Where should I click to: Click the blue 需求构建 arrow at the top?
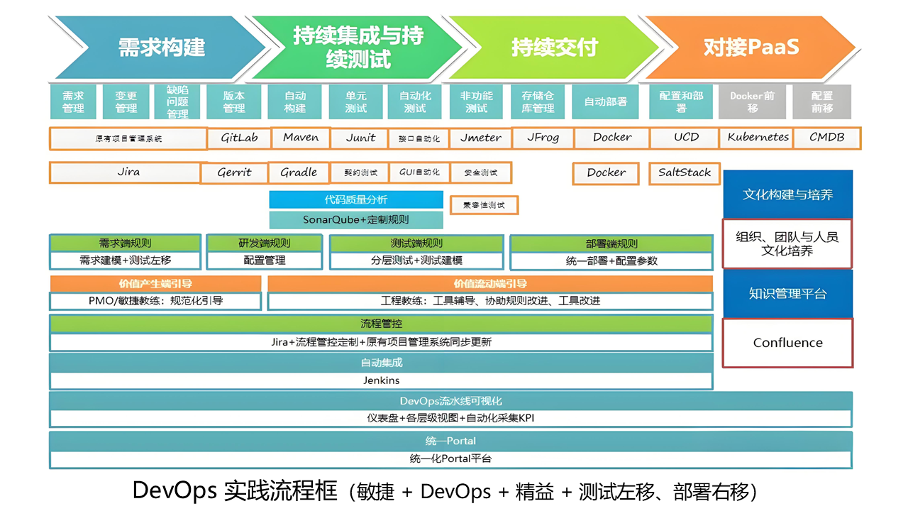(x=161, y=48)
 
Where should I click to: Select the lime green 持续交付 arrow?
(x=555, y=48)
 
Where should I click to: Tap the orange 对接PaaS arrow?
(x=751, y=48)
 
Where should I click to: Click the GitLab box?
(x=239, y=138)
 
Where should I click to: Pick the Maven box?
(x=301, y=138)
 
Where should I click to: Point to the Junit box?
(x=360, y=138)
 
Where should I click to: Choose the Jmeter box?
(x=480, y=138)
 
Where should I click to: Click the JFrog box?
(x=543, y=138)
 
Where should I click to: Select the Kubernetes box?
(x=758, y=138)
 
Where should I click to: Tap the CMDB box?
(x=826, y=138)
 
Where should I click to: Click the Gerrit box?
(x=234, y=172)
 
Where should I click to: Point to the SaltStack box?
(x=684, y=172)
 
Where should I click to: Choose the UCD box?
(x=686, y=138)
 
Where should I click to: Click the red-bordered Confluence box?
(x=787, y=343)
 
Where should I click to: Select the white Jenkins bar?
(x=381, y=380)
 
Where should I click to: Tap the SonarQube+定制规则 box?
(x=356, y=220)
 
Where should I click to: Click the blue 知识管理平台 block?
(x=787, y=293)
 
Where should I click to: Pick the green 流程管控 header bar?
(x=381, y=324)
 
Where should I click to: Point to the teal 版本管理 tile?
(x=233, y=101)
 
